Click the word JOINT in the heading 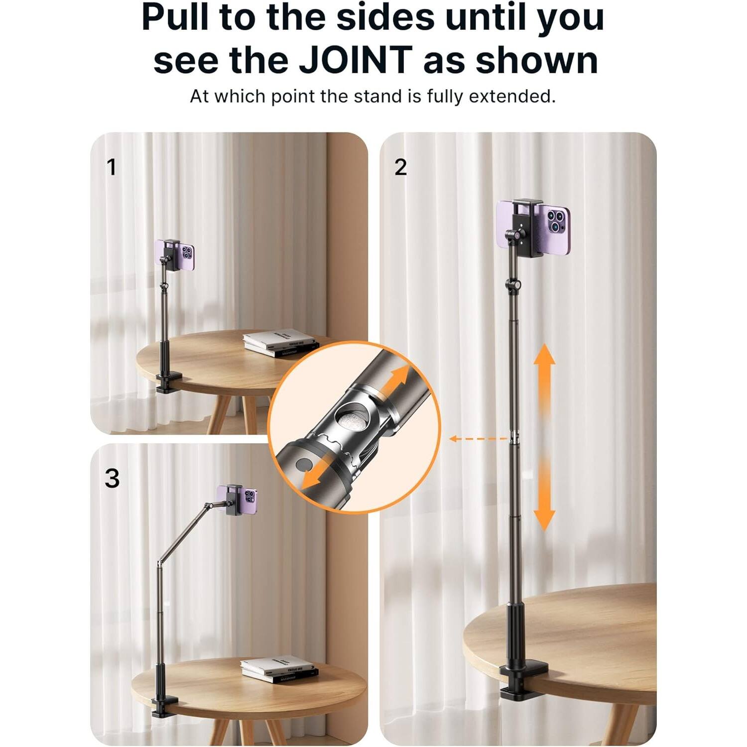(355, 60)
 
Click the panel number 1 (112, 167)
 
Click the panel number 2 (400, 167)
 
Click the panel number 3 (112, 479)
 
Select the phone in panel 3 (238, 499)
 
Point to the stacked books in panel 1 (280, 343)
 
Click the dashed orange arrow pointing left (478, 439)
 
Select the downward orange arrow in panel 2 (544, 503)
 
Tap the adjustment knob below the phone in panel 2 (513, 285)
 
